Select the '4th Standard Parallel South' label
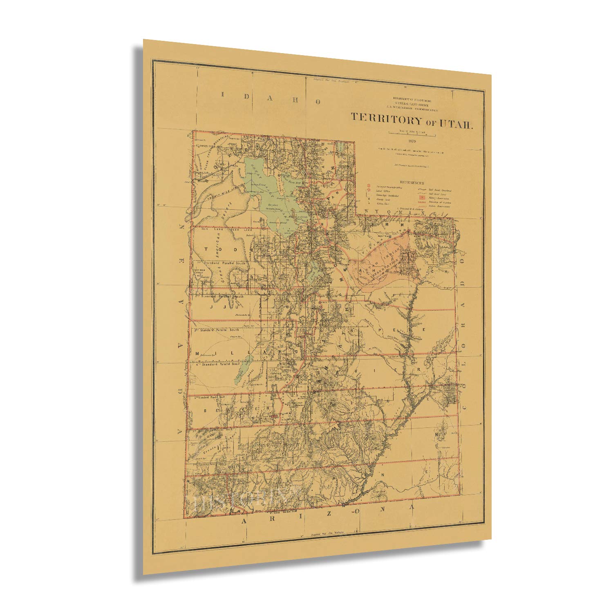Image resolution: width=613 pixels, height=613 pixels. pos(219,363)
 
